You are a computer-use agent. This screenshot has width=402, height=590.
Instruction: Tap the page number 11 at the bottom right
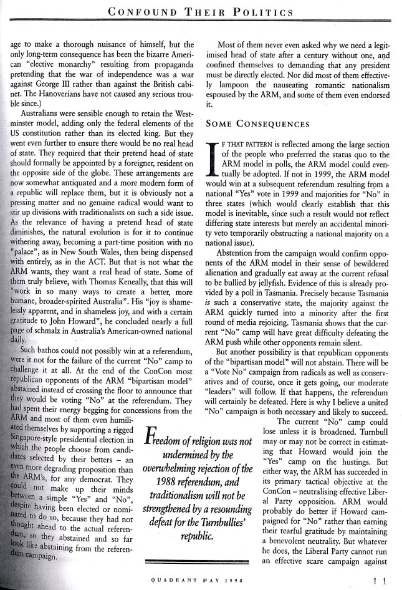[x=379, y=581]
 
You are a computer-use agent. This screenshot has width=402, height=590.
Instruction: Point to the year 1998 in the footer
[x=234, y=581]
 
